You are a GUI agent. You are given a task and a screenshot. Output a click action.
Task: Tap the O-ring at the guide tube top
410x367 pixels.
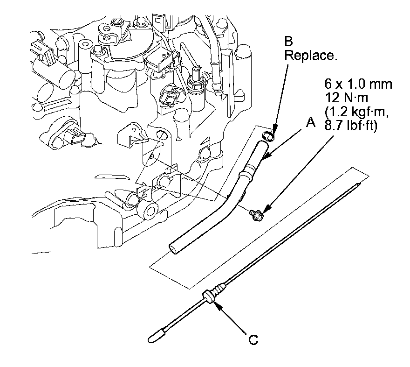tap(267, 136)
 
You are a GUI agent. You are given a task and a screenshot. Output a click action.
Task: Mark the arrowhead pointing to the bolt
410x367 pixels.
tap(264, 213)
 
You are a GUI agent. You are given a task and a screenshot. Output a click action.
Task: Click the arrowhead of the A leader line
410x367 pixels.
tap(263, 160)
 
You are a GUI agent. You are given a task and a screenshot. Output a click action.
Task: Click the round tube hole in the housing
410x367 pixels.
tap(161, 135)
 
